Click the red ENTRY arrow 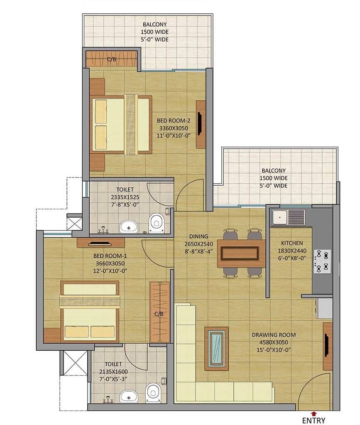(313, 413)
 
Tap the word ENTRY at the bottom (313, 420)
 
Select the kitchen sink (289, 217)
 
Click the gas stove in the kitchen (322, 260)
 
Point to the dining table (241, 253)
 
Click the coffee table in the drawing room (216, 348)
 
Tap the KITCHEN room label (292, 243)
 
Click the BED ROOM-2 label (173, 120)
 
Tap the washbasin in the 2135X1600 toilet (128, 396)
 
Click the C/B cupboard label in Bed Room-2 (111, 59)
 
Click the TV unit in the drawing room (328, 346)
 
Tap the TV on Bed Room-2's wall (200, 124)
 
